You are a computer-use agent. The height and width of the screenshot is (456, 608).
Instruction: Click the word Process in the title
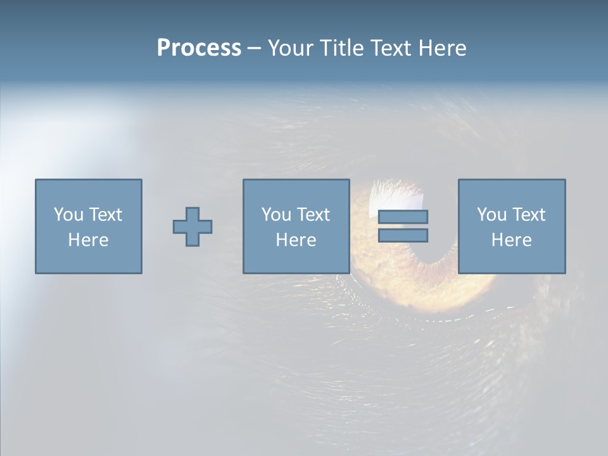tap(199, 48)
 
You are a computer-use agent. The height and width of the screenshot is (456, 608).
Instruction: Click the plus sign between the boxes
tap(193, 227)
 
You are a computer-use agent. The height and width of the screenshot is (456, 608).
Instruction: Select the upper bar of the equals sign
tap(403, 217)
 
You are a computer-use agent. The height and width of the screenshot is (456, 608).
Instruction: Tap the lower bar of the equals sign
tap(403, 235)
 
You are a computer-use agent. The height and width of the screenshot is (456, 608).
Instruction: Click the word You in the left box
tap(68, 215)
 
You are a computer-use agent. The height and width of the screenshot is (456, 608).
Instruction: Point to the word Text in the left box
tap(105, 215)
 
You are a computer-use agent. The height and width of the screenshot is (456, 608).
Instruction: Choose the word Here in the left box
tap(88, 240)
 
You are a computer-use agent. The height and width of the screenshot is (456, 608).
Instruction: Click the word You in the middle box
tap(276, 215)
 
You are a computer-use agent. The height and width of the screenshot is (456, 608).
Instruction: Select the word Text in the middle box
tap(313, 215)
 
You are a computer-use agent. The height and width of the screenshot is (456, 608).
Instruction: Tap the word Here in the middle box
tap(296, 240)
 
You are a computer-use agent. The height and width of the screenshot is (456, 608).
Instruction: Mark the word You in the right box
tap(491, 215)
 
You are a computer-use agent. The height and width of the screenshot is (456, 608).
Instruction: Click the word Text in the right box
tap(528, 215)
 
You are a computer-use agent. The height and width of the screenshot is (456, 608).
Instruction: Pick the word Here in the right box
tap(511, 240)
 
